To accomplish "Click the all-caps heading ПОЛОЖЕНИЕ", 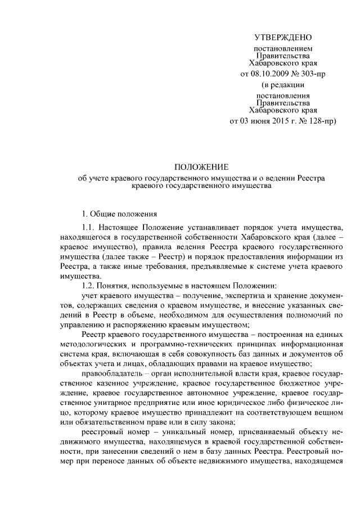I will click(201, 167).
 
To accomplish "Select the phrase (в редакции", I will click(283, 85).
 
